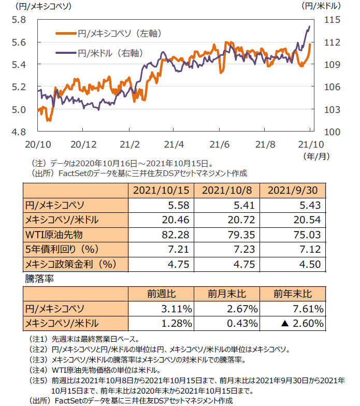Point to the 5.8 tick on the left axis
19,20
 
